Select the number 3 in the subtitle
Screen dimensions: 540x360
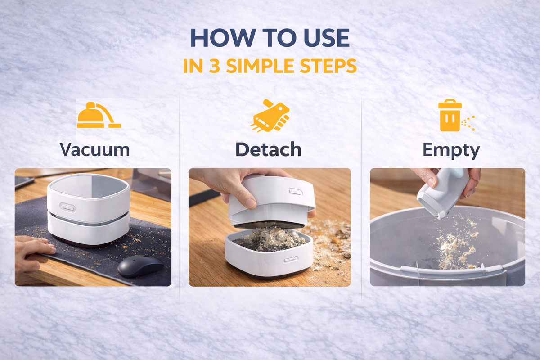214,66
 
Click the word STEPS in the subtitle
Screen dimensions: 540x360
328,66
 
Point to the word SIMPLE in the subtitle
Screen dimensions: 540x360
260,66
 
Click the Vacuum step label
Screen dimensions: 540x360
95,149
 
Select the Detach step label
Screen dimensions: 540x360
269,149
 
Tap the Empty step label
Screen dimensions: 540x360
451,150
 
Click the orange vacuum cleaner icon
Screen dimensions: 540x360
99,115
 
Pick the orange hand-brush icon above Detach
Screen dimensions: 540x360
270,116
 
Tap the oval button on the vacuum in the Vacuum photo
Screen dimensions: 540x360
68,207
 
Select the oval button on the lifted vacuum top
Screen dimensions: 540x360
296,192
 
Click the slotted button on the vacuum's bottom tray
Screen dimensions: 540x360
291,260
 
